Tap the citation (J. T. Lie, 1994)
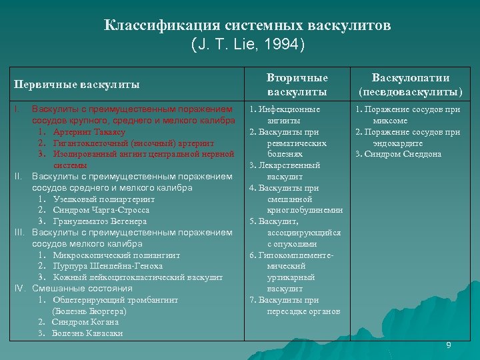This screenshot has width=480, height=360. point(248,45)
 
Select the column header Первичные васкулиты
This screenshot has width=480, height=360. point(77,85)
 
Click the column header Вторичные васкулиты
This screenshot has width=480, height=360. point(297,85)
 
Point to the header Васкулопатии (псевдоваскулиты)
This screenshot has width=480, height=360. point(411,85)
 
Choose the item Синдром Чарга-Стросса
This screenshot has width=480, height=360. point(101,210)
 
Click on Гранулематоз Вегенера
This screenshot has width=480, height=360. point(100,221)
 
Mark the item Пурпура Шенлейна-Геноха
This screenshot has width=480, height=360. point(109,266)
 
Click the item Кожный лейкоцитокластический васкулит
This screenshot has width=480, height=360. point(137,277)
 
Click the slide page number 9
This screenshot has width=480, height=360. point(448,345)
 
